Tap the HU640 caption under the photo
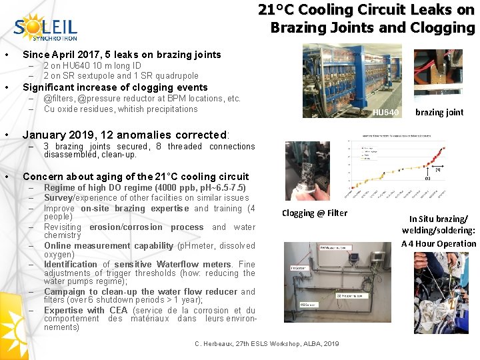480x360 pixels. point(385,112)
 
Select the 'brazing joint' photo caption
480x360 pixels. point(439,112)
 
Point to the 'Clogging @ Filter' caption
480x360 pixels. point(314,213)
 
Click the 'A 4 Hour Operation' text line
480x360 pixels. point(439,243)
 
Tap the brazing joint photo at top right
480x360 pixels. point(438,72)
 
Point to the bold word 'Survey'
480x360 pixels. point(59,198)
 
